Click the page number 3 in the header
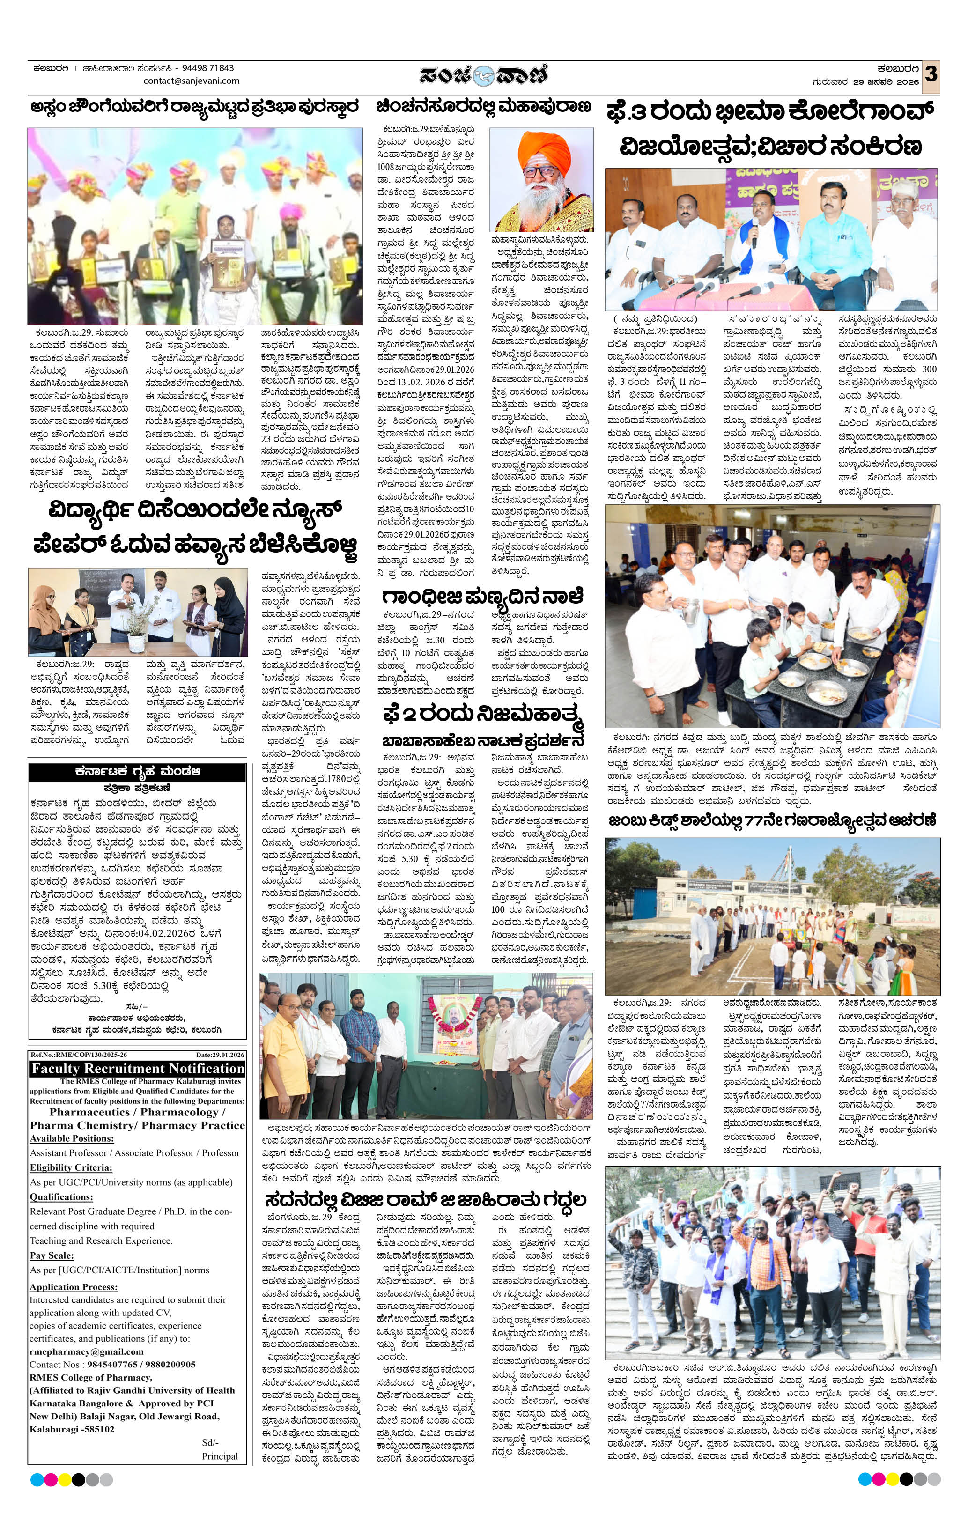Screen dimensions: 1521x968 coord(930,74)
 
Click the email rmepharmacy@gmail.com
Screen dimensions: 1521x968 coord(87,1352)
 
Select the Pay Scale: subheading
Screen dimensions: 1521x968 coord(52,1255)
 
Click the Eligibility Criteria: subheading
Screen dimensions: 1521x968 coord(71,1167)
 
